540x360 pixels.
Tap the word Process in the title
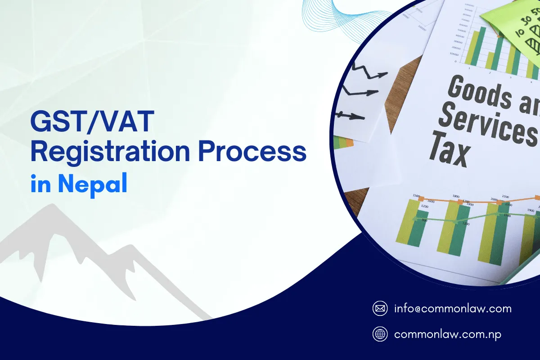252,153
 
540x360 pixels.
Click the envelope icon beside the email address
380,309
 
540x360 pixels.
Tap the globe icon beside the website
380,334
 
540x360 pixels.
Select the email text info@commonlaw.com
452,309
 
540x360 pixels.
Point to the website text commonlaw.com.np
447,334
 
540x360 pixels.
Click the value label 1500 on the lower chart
416,197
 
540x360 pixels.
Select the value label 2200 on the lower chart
505,197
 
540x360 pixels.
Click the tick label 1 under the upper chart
469,68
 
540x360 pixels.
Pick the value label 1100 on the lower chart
466,224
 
